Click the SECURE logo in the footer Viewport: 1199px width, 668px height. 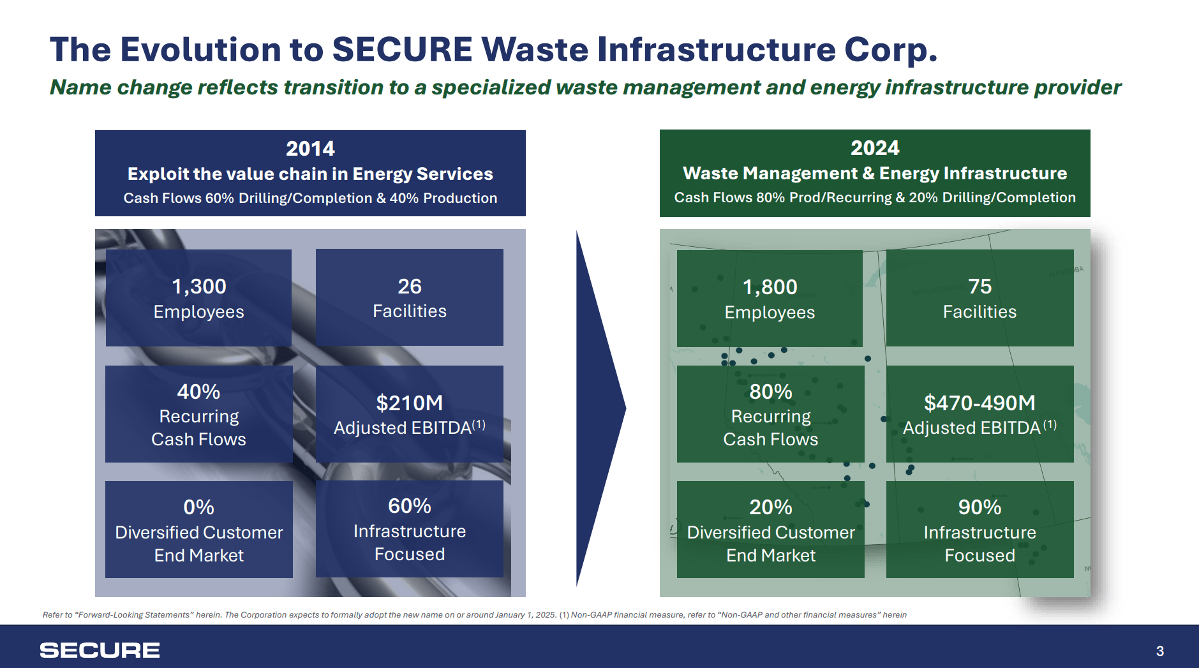(x=100, y=650)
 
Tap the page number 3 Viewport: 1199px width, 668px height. (x=1159, y=651)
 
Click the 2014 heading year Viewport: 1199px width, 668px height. (x=310, y=149)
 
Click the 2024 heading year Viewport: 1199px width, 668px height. (x=874, y=148)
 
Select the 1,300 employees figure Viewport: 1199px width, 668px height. (x=198, y=286)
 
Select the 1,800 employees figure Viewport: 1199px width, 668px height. (x=770, y=287)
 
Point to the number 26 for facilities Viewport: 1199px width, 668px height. (x=409, y=286)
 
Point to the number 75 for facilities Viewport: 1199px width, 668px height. (x=979, y=286)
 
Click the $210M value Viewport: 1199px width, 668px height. (x=409, y=403)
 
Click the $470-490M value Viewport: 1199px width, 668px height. (x=979, y=403)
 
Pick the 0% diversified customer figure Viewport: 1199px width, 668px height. (x=198, y=507)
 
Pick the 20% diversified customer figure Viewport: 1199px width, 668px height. (x=770, y=507)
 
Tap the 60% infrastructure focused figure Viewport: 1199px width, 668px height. (x=409, y=506)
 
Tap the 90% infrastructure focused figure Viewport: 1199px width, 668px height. (x=979, y=507)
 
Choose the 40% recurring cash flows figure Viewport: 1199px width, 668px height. (x=198, y=392)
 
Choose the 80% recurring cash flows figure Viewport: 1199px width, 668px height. (x=770, y=392)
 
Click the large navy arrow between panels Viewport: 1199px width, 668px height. (x=597, y=408)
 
